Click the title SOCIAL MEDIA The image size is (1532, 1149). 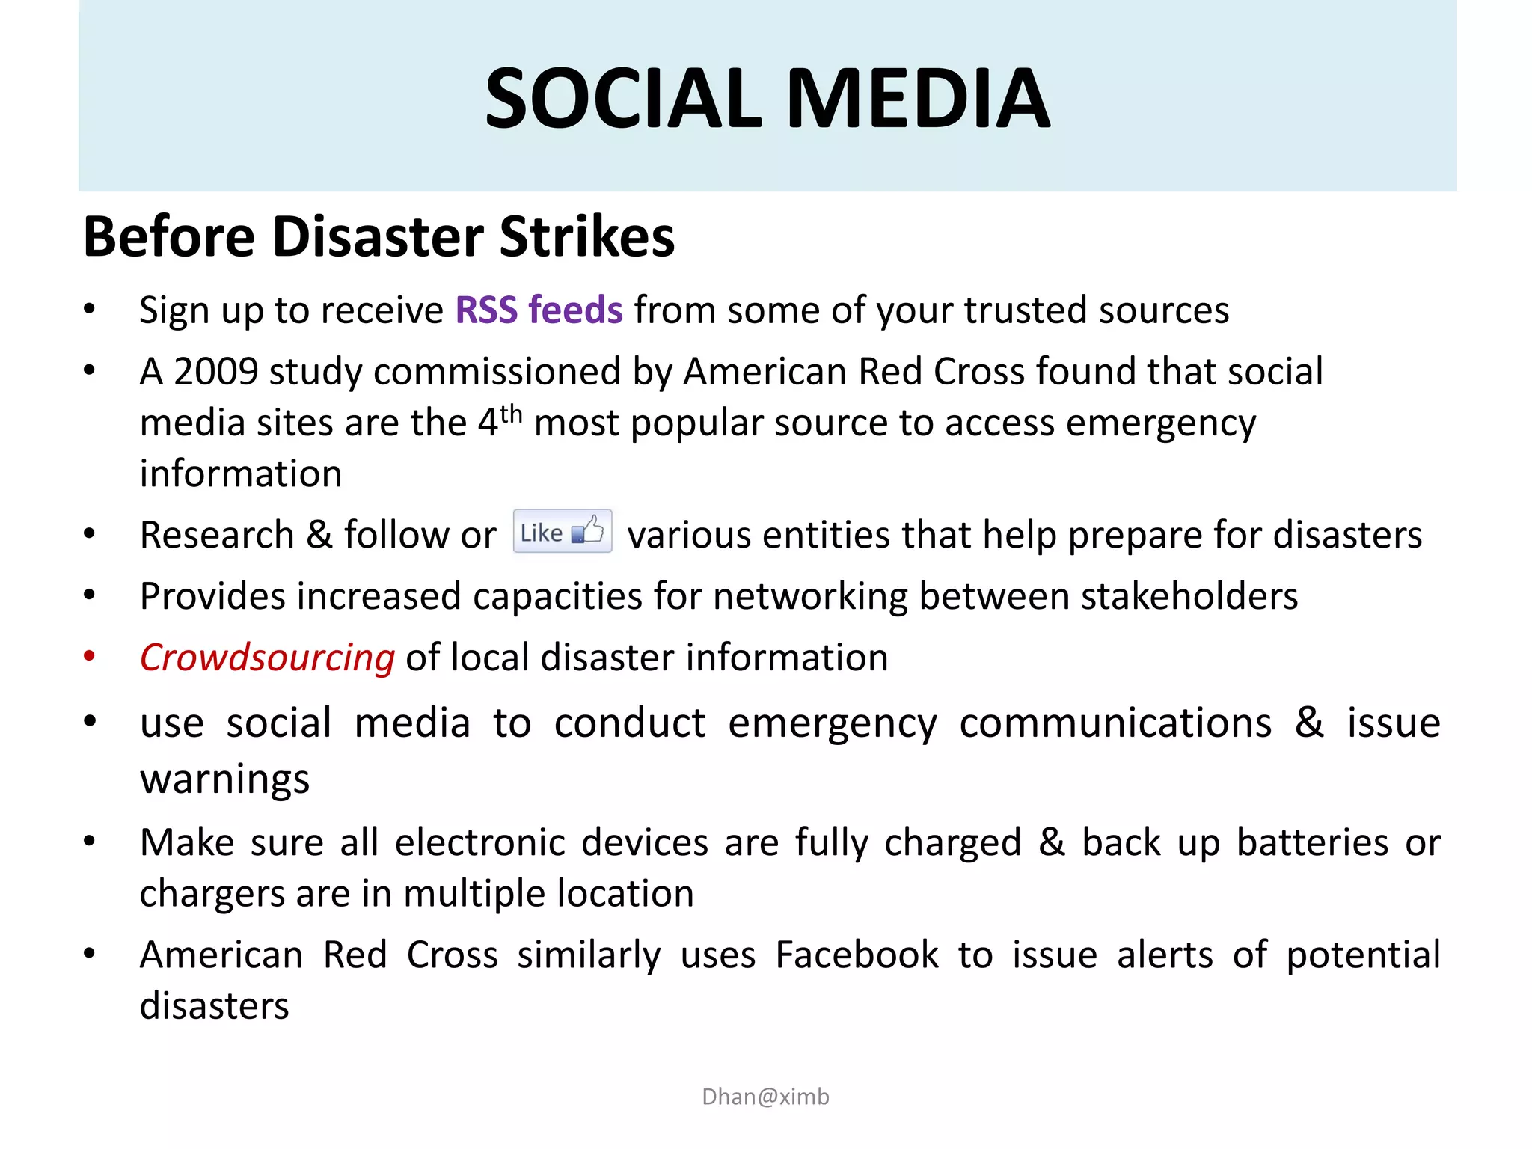[767, 98]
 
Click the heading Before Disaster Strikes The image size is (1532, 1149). [379, 236]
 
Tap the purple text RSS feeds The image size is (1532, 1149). [539, 310]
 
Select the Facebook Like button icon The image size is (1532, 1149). [563, 531]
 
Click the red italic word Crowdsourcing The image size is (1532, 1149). [267, 658]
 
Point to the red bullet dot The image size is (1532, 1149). [90, 656]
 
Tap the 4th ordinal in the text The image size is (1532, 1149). [499, 421]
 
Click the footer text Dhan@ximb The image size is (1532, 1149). [765, 1097]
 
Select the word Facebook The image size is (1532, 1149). [857, 955]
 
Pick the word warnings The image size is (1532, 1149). [224, 779]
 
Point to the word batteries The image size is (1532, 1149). [1312, 843]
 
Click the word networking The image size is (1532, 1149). [810, 596]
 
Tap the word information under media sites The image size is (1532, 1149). [241, 474]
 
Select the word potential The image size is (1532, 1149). [1363, 955]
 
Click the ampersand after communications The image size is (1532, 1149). [1309, 723]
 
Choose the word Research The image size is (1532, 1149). [217, 535]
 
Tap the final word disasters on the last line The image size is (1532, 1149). [214, 1006]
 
